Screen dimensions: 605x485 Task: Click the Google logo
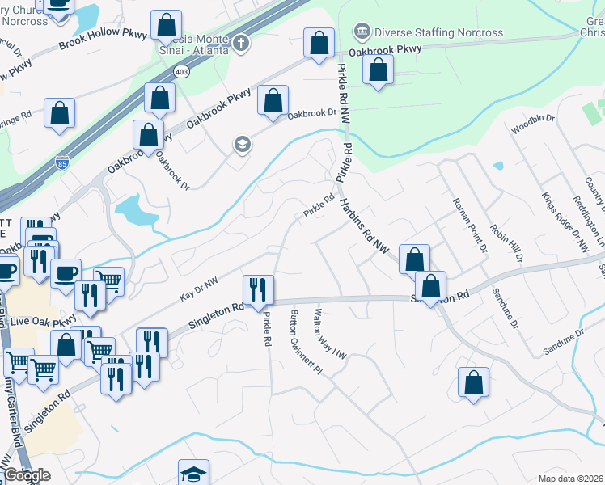point(27,475)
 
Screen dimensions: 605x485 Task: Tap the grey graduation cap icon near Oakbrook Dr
point(241,145)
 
